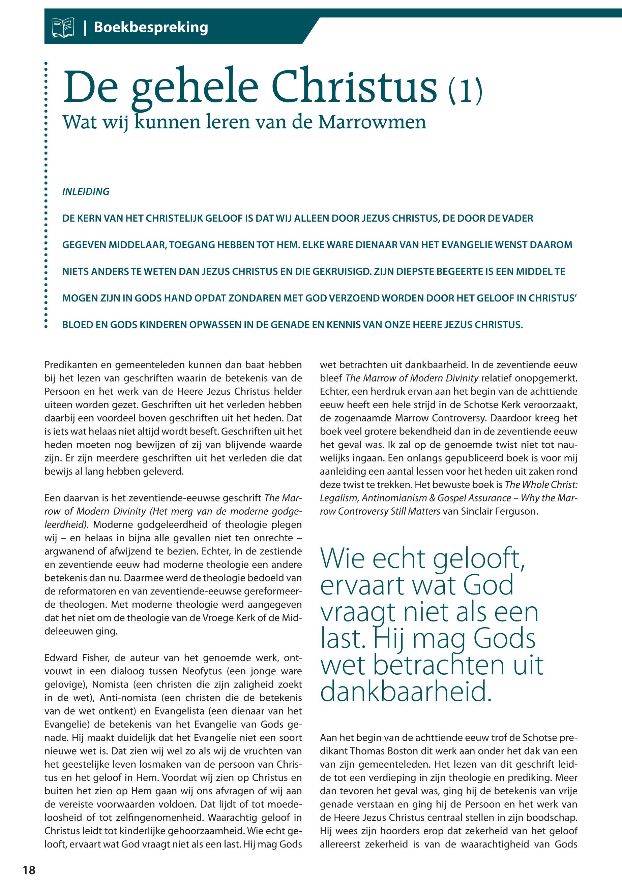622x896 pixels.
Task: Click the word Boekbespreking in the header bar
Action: (x=151, y=28)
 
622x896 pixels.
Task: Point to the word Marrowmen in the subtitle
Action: (x=372, y=122)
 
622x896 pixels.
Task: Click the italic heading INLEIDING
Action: (x=86, y=192)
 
